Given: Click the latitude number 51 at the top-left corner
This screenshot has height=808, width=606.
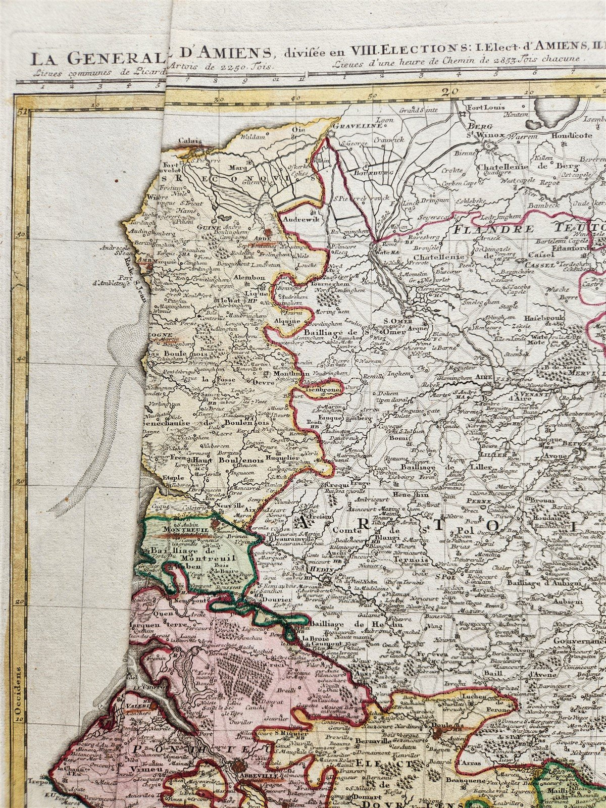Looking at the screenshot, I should (x=21, y=111).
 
